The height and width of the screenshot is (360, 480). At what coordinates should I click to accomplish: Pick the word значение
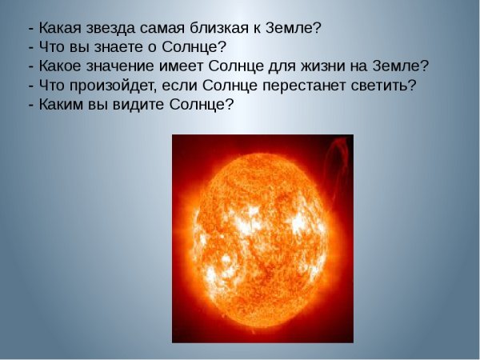tap(118, 66)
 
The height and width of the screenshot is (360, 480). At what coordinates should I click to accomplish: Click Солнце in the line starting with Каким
tap(200, 104)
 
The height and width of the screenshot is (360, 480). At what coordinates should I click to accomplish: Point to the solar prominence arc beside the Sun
tap(340, 160)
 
